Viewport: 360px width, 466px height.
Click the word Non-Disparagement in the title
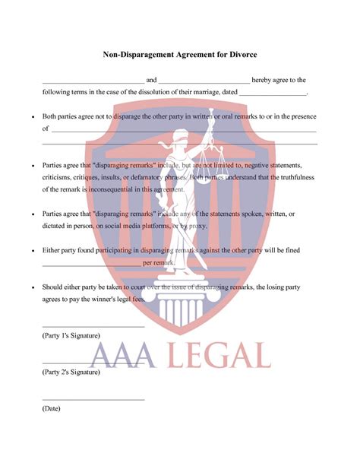(x=132, y=55)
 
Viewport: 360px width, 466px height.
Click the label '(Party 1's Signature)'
(x=71, y=335)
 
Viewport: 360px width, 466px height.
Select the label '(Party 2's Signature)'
(x=71, y=372)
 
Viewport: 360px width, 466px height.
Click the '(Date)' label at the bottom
(x=52, y=408)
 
